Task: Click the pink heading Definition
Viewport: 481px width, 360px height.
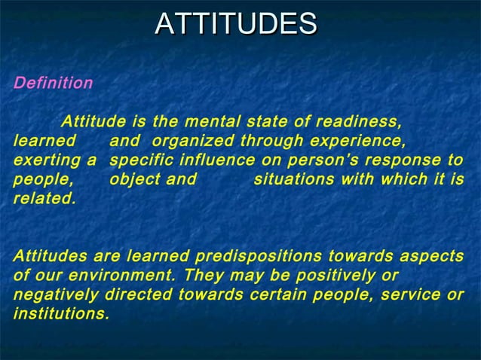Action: coord(53,83)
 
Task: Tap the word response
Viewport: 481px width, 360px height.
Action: coord(396,161)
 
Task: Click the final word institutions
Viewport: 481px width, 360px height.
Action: coord(60,315)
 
